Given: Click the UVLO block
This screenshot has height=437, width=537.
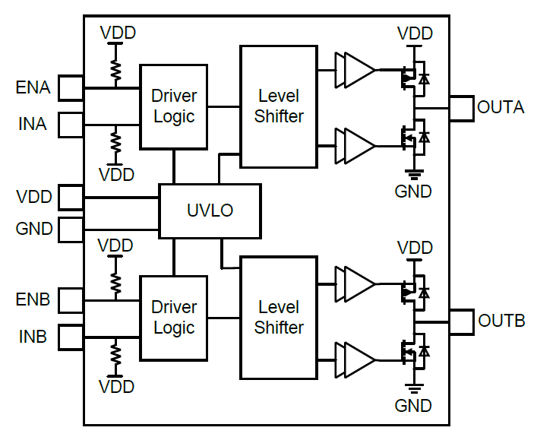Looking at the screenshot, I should click(x=210, y=211).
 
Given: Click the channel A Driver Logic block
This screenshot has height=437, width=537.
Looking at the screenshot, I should click(x=174, y=106).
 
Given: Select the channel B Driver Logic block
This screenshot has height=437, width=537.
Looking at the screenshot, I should click(x=174, y=318).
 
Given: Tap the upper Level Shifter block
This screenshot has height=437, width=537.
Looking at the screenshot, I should click(x=279, y=106).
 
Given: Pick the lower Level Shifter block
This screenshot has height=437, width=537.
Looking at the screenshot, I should click(x=279, y=318).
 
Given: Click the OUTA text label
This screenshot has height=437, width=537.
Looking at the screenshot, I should click(x=501, y=107).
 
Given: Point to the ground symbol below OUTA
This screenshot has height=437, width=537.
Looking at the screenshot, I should click(x=414, y=174).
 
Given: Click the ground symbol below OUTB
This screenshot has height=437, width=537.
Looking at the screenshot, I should click(x=414, y=388).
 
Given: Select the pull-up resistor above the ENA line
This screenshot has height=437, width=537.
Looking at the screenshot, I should click(x=115, y=70).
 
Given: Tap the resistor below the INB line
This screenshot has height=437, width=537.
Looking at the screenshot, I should click(x=115, y=354).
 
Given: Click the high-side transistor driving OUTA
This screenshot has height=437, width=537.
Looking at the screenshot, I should click(x=412, y=77).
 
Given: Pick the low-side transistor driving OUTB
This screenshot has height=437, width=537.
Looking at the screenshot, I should click(x=412, y=350).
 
